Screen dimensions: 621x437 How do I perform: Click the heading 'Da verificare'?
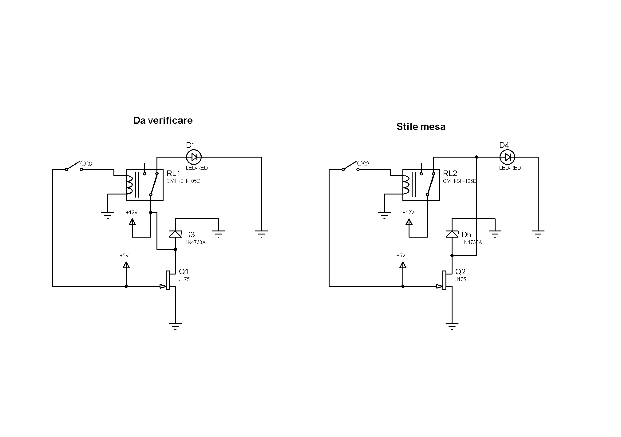pos(163,120)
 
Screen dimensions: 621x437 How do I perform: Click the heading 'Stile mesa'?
pos(421,126)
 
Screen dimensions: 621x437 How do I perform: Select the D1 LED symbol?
pos(194,157)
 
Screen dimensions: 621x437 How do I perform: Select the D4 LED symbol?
pos(507,157)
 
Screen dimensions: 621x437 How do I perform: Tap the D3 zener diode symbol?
pos(175,234)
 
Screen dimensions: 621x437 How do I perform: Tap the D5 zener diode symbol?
pos(452,234)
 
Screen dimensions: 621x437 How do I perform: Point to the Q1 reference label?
pos(184,271)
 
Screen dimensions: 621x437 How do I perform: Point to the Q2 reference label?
pos(460,271)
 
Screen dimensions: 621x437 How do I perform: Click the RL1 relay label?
pos(173,173)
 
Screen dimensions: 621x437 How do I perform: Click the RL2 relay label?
pos(450,173)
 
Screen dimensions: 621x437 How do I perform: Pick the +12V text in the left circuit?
pos(132,212)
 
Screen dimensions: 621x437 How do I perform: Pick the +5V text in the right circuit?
pos(401,255)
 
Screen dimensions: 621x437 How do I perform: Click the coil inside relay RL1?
pos(129,185)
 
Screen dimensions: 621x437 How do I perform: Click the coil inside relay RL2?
pos(406,185)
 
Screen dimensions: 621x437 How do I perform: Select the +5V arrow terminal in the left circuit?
pos(126,265)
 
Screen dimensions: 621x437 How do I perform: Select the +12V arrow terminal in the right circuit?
pos(409,222)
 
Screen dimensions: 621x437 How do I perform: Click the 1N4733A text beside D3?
pos(195,242)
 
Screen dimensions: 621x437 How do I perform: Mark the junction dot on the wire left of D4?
pos(477,157)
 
